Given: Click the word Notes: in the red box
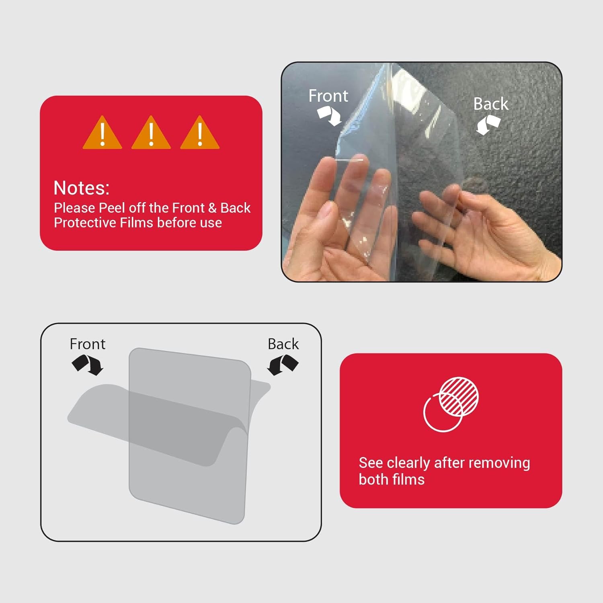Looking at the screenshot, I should click(82, 188).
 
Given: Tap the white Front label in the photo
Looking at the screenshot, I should click(328, 96).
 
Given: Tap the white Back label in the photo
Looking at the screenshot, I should click(490, 104).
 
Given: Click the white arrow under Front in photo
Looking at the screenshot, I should click(329, 116).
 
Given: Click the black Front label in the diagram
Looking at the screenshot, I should click(87, 344).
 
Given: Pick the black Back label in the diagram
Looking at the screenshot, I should click(283, 344).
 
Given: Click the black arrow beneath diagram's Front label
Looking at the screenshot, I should click(88, 365).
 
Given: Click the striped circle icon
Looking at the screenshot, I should click(458, 396).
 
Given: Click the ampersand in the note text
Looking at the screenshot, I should click(212, 208).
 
